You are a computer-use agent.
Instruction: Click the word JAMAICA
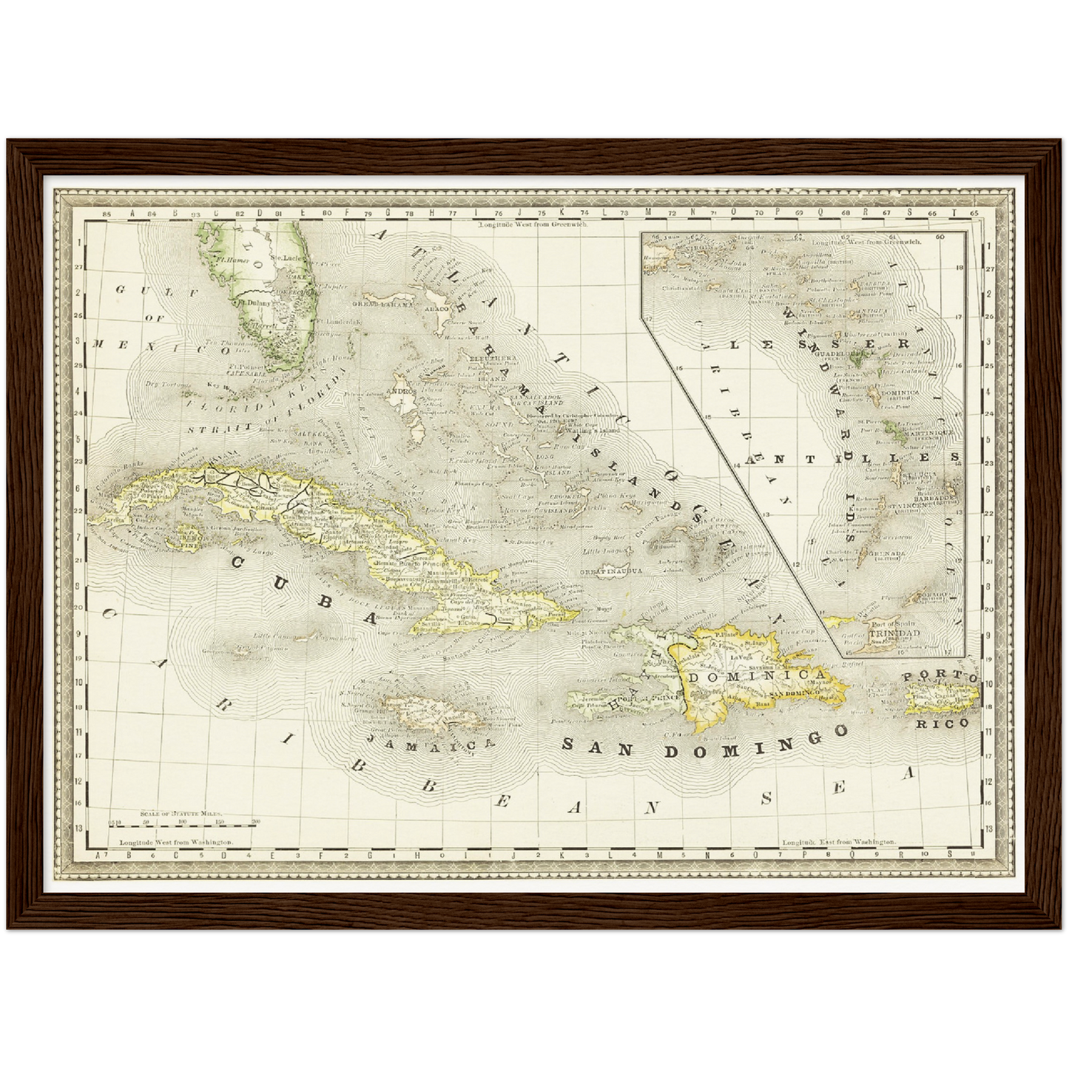429,745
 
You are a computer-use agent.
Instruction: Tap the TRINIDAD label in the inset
884,634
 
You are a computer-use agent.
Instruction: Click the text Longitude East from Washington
839,842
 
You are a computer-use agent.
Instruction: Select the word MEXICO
159,347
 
